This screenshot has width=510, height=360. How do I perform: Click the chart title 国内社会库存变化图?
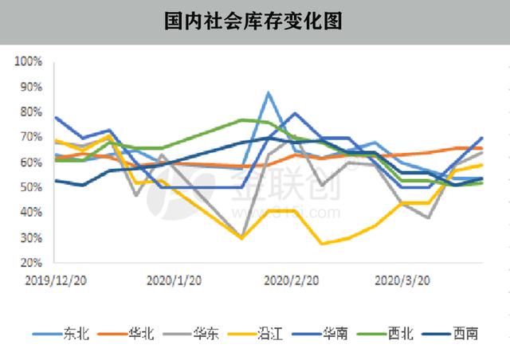tap(255, 21)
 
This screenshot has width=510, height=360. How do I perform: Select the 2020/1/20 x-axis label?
tap(175, 280)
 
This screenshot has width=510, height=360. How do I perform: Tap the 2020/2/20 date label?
tap(291, 280)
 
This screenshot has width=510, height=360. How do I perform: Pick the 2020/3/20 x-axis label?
tap(402, 280)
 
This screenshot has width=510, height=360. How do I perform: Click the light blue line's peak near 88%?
tap(269, 93)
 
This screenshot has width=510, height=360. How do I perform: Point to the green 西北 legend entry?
tap(398, 334)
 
